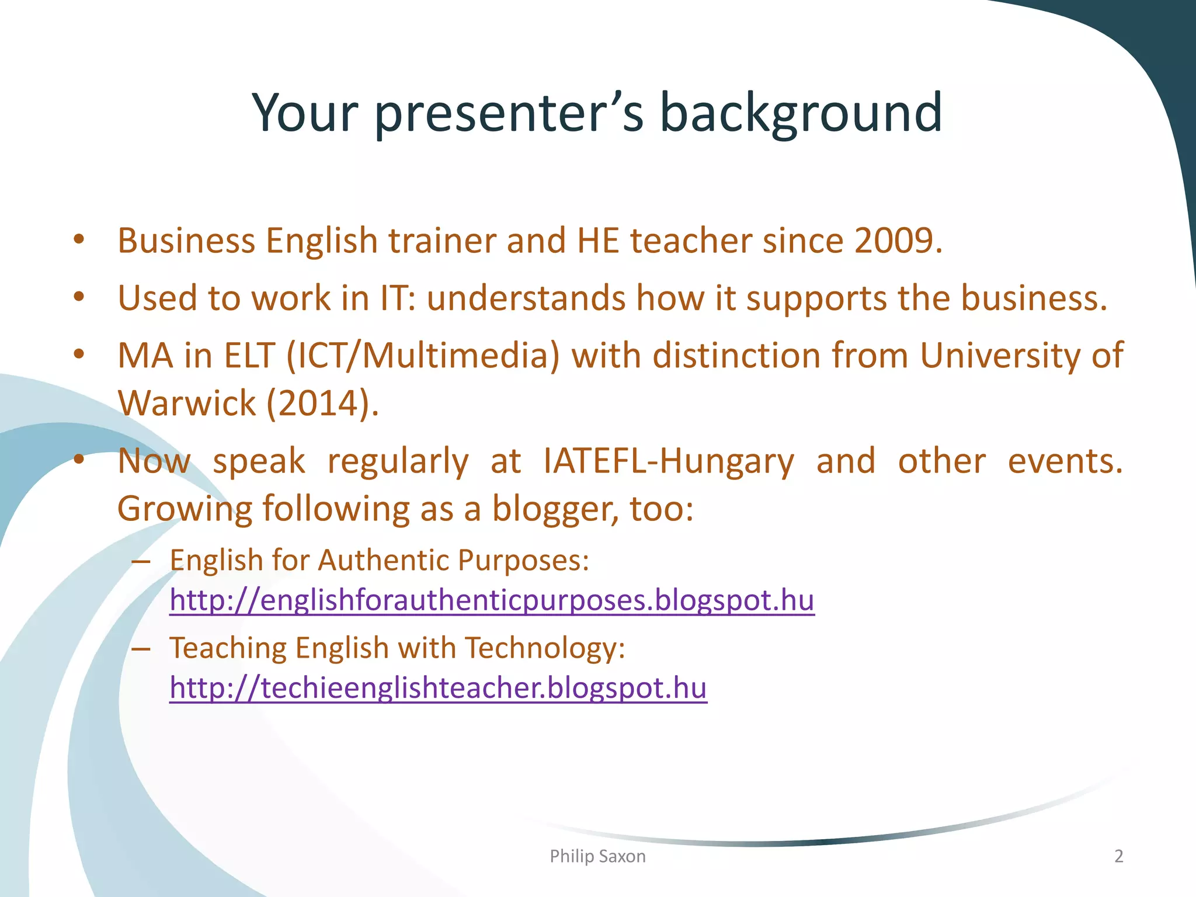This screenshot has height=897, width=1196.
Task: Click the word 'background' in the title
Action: coord(801,112)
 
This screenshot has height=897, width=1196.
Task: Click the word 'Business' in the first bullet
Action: coord(186,241)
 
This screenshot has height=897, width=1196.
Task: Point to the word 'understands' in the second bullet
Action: coord(526,298)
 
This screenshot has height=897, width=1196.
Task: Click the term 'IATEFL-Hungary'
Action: coord(669,461)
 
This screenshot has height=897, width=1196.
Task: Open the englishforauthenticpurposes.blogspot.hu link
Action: coord(492,600)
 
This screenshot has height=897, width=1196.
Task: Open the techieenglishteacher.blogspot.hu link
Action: coord(438,688)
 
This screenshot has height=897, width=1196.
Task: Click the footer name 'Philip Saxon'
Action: coord(597,856)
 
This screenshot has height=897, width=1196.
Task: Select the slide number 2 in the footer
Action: coord(1118,856)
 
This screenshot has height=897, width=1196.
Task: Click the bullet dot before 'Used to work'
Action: coord(79,297)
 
